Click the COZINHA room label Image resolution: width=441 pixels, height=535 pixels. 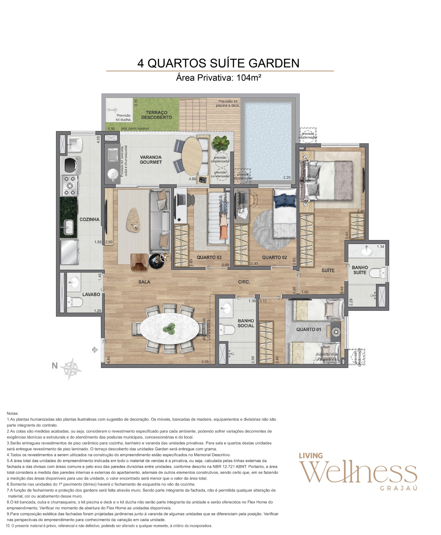click(89, 219)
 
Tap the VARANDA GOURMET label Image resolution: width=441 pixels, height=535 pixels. click(151, 159)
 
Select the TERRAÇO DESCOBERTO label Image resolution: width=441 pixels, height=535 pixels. click(156, 115)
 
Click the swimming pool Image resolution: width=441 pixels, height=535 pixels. click(267, 140)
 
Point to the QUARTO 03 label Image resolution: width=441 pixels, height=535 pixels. click(209, 257)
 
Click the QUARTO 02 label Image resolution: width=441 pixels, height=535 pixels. click(274, 257)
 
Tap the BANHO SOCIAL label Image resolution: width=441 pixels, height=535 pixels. click(246, 323)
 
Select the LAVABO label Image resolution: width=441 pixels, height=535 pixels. click(91, 294)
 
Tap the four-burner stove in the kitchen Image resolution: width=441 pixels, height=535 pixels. click(69, 186)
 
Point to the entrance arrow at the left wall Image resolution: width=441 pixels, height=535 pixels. click(95, 350)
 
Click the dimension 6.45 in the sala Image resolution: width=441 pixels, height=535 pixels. click(108, 359)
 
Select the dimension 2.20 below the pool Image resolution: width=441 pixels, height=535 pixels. click(287, 178)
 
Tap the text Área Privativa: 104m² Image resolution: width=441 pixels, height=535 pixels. click(218, 78)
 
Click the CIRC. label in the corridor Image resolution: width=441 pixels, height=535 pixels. click(244, 282)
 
